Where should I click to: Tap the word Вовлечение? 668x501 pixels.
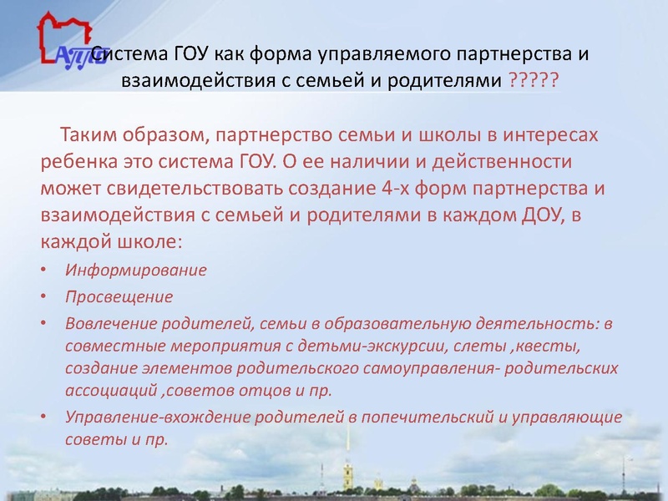[x=105, y=323]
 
